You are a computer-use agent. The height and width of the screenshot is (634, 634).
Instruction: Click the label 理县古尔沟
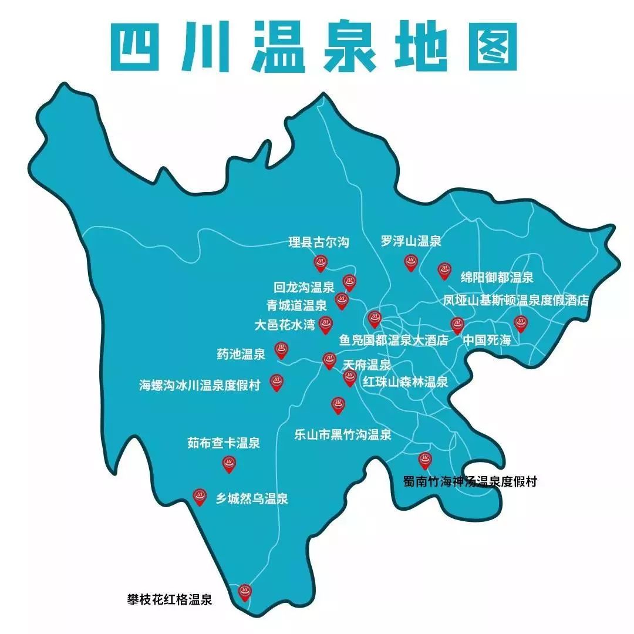point(319,242)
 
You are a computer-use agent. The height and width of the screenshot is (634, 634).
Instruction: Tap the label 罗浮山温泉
point(411,241)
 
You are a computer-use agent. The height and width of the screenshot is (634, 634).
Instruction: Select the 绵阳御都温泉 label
point(497,277)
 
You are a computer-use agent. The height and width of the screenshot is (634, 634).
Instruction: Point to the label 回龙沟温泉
point(304,288)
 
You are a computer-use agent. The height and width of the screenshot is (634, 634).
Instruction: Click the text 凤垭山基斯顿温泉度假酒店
point(515,301)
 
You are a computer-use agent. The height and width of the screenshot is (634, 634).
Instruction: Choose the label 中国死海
point(487,340)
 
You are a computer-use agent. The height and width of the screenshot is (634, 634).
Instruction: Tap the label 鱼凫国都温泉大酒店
point(394,340)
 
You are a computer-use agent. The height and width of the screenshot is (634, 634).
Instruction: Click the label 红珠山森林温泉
point(405,382)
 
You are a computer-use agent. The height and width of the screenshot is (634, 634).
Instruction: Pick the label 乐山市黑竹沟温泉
point(343,435)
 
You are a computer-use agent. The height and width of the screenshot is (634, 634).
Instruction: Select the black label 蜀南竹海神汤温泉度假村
point(470,482)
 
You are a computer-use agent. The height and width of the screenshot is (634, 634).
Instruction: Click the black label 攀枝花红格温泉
point(169,600)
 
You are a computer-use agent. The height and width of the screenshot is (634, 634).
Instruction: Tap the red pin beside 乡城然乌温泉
point(200,497)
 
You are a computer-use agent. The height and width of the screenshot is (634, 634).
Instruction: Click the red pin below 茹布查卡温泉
point(228,464)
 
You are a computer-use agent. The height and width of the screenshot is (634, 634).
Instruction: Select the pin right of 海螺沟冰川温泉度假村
point(276,383)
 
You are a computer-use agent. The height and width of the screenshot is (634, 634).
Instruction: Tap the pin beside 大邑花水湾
point(326,324)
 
